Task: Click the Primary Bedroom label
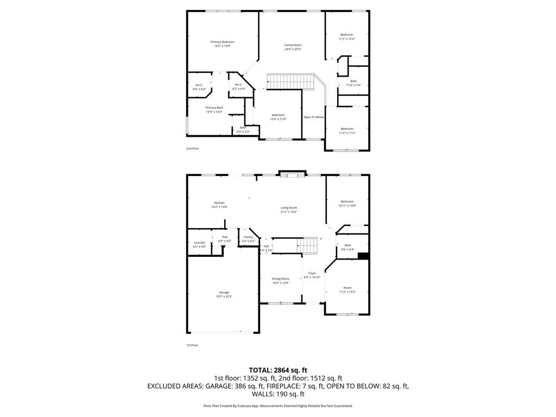tap(223, 42)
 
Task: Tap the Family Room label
tap(293, 45)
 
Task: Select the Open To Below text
tap(314, 117)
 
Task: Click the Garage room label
tap(224, 293)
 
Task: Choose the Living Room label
tap(289, 208)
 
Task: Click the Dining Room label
tap(281, 279)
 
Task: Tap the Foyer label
tap(312, 273)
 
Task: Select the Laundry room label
tap(199, 243)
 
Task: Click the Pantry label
tap(248, 237)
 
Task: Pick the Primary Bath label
tap(214, 108)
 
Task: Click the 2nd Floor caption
tap(193, 148)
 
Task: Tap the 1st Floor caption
tap(192, 345)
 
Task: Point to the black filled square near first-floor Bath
tap(363, 256)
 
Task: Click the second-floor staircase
tap(292, 82)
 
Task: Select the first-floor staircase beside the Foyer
tap(310, 245)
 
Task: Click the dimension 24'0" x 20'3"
tap(293, 49)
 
